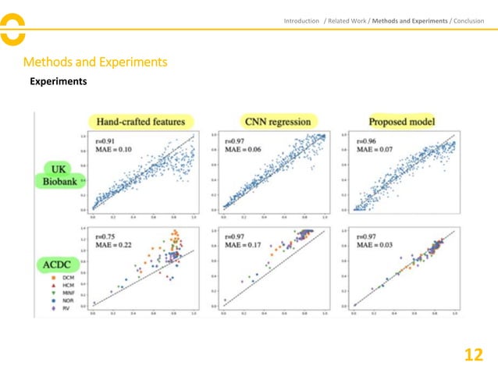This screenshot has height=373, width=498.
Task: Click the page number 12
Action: pos(473,355)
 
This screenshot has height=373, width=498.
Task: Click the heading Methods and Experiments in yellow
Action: pos(96,62)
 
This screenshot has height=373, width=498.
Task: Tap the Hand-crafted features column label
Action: pos(141,122)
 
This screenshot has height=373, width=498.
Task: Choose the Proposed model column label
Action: pos(402,122)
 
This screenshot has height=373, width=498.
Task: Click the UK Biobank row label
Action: pos(59,176)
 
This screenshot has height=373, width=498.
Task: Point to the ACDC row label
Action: pos(59,264)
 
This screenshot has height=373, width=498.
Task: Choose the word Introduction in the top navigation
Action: pos(301,20)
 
